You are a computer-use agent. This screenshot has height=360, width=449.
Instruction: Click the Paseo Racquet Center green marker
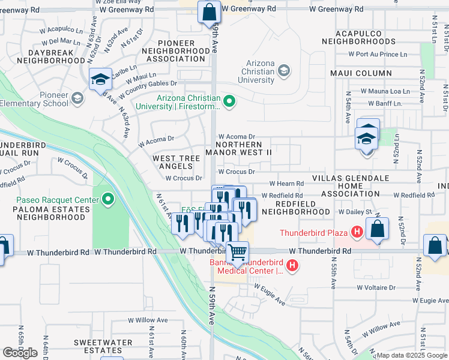point(108,199)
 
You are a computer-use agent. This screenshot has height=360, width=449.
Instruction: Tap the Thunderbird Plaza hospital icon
point(357,231)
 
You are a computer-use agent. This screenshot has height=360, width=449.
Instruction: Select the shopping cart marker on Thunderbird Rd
point(238,253)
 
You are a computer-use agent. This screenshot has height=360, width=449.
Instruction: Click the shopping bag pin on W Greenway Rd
point(208,11)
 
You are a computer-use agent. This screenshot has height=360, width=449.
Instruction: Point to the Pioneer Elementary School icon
point(77,98)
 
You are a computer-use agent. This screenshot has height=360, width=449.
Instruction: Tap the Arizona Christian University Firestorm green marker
point(228,100)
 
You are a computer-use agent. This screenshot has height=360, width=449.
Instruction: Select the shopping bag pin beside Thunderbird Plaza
point(376,229)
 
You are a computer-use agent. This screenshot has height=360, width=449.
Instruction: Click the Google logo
point(20,353)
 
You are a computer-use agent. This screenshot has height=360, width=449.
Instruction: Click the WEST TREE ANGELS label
point(176,162)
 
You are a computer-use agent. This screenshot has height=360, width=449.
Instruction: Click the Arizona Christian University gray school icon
point(283,71)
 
